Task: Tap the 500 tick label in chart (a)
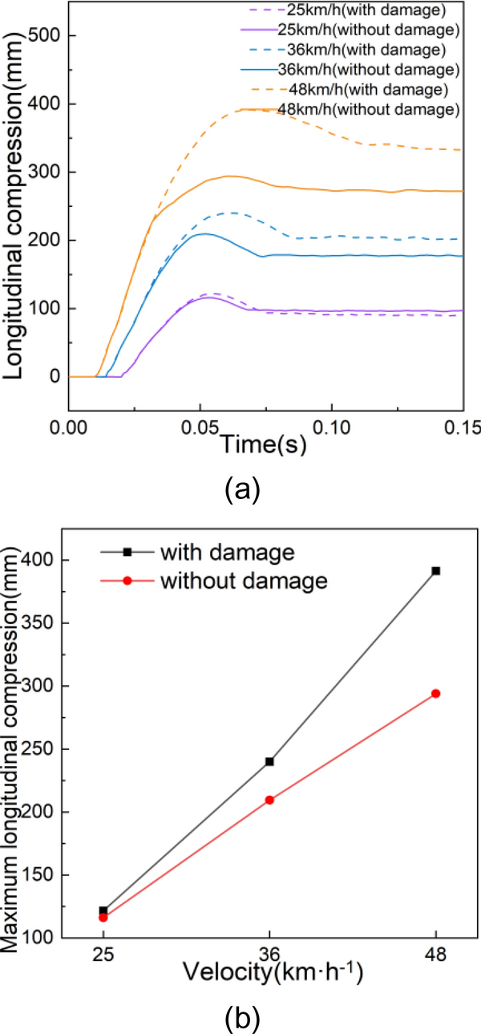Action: coord(47,36)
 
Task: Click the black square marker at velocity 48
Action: coord(436,570)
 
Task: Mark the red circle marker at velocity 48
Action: coord(436,693)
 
